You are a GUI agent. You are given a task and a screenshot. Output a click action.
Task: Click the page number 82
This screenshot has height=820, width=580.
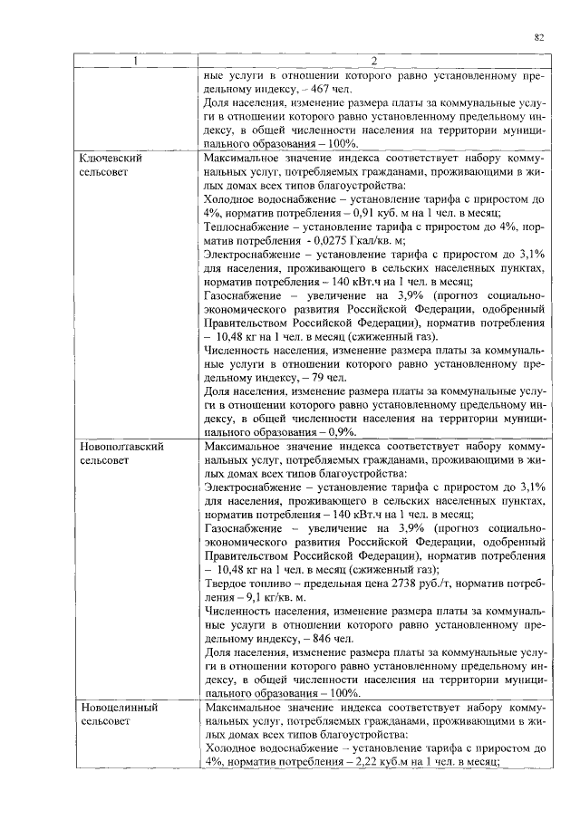[538, 37]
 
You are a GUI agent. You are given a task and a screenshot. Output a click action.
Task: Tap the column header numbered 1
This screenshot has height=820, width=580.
[136, 62]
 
